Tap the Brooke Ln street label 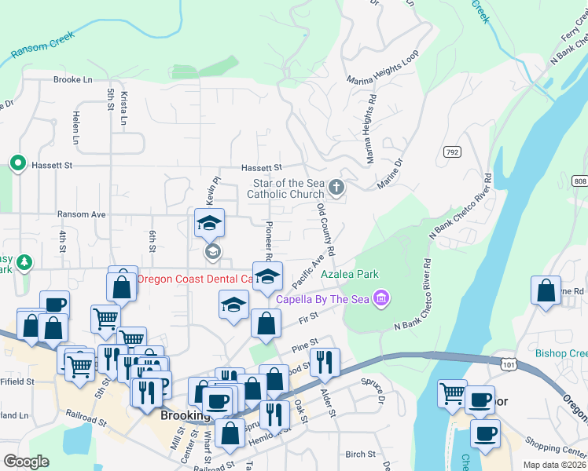pyautogui.click(x=73, y=80)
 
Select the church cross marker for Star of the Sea pyautogui.click(x=336, y=187)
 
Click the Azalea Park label pyautogui.click(x=350, y=274)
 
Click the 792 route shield pyautogui.click(x=451, y=152)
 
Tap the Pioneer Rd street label pyautogui.click(x=268, y=239)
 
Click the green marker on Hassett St pyautogui.click(x=17, y=163)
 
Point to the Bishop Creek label pyautogui.click(x=561, y=353)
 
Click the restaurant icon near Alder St pyautogui.click(x=324, y=362)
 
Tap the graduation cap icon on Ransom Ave pyautogui.click(x=209, y=223)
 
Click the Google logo pyautogui.click(x=25, y=462)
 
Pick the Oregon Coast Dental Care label pyautogui.click(x=195, y=279)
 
